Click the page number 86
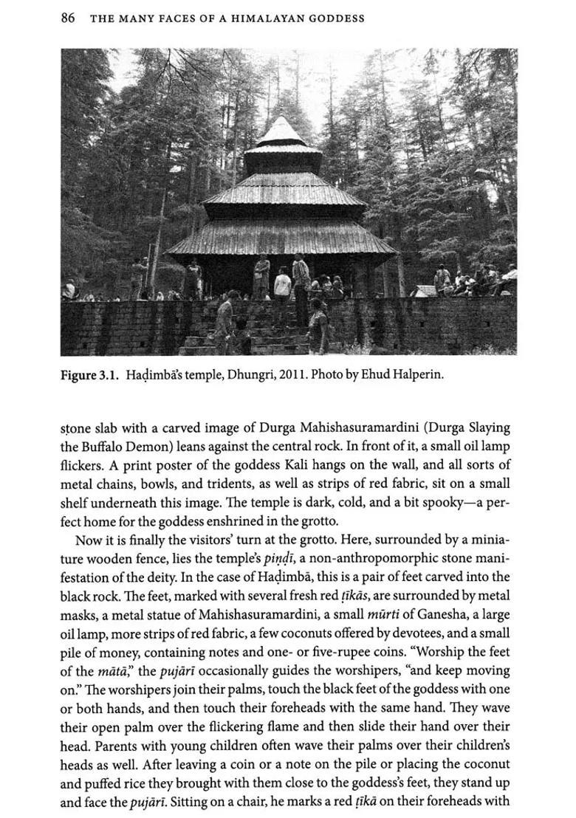(67, 18)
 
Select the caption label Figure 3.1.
(90, 375)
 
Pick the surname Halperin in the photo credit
(414, 375)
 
